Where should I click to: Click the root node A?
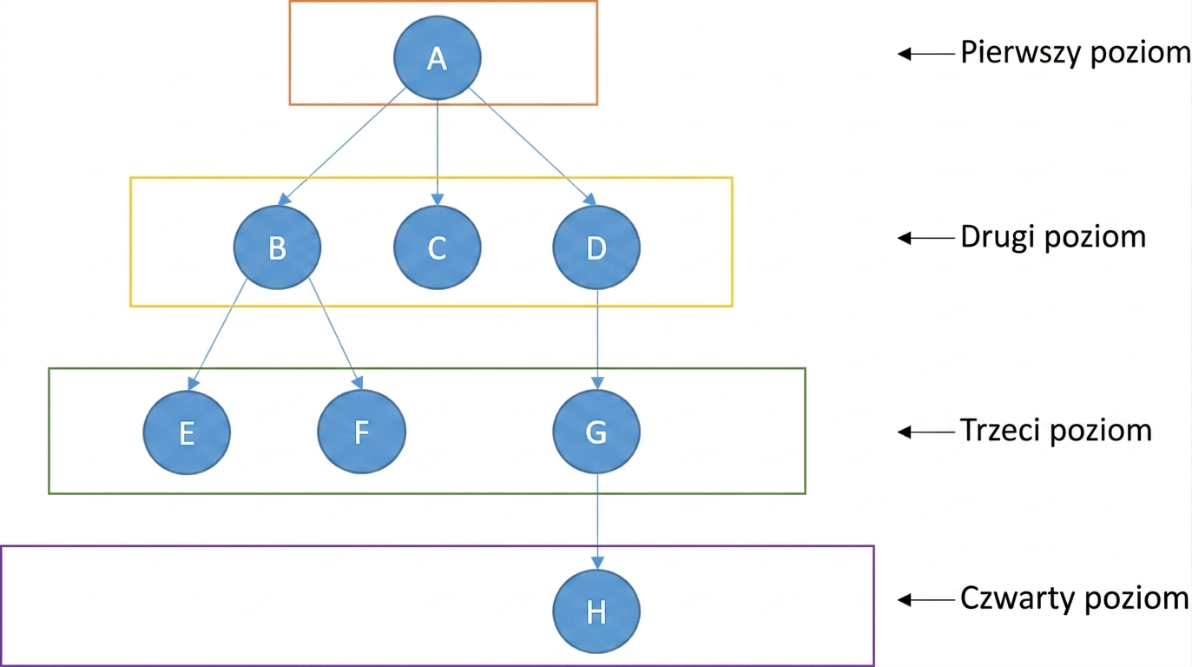[438, 57]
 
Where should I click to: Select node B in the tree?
[277, 248]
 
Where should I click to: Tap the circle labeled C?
[438, 248]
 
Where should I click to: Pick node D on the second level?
[596, 248]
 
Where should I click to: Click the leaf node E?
[187, 433]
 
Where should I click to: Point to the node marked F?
[362, 432]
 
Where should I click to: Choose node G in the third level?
[596, 432]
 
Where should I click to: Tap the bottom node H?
[596, 611]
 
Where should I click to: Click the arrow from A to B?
[342, 147]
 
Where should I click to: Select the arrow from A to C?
[438, 153]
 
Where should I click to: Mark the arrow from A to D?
[532, 147]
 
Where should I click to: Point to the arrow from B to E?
[217, 334]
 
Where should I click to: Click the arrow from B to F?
[336, 333]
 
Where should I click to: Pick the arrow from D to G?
[597, 340]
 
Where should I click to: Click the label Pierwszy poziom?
[1076, 53]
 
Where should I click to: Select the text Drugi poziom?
[1053, 237]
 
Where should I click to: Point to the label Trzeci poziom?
[1056, 431]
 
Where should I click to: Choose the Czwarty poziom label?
[1075, 599]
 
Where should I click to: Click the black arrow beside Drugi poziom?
[926, 238]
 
